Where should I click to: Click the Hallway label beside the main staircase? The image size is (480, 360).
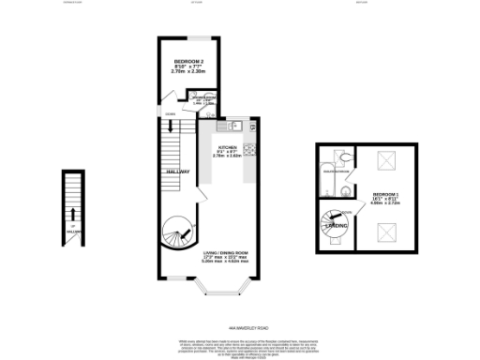[178, 172]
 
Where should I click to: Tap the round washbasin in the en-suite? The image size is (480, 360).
[348, 192]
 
